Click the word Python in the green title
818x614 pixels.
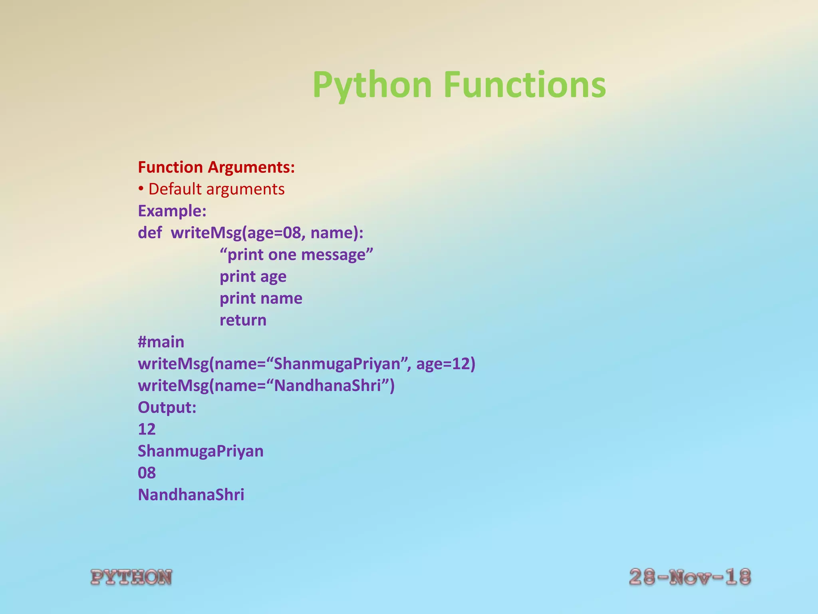372,85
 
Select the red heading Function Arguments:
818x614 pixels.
216,167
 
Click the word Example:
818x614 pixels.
172,211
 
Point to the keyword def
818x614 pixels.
150,233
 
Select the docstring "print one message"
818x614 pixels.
296,255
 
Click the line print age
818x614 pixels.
253,277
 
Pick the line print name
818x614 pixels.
261,298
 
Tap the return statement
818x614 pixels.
243,320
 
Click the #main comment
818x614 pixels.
161,342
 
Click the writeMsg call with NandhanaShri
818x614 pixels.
266,386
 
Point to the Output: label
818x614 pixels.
167,407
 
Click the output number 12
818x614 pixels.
147,429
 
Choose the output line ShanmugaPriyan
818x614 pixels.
201,451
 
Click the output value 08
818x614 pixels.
147,473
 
